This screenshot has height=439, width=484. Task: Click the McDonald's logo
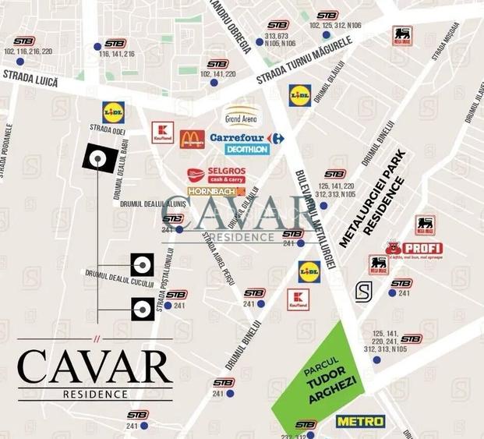(x=192, y=140)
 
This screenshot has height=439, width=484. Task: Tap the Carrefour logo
(x=246, y=138)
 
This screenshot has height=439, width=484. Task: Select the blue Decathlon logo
(x=247, y=149)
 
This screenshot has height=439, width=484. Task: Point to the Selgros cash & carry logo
(x=217, y=175)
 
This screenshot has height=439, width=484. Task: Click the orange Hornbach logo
(x=217, y=191)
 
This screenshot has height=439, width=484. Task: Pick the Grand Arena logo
(x=242, y=116)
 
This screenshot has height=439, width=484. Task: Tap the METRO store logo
(x=361, y=421)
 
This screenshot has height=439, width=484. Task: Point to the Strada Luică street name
(x=30, y=76)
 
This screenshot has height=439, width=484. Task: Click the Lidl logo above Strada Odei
(x=114, y=111)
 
